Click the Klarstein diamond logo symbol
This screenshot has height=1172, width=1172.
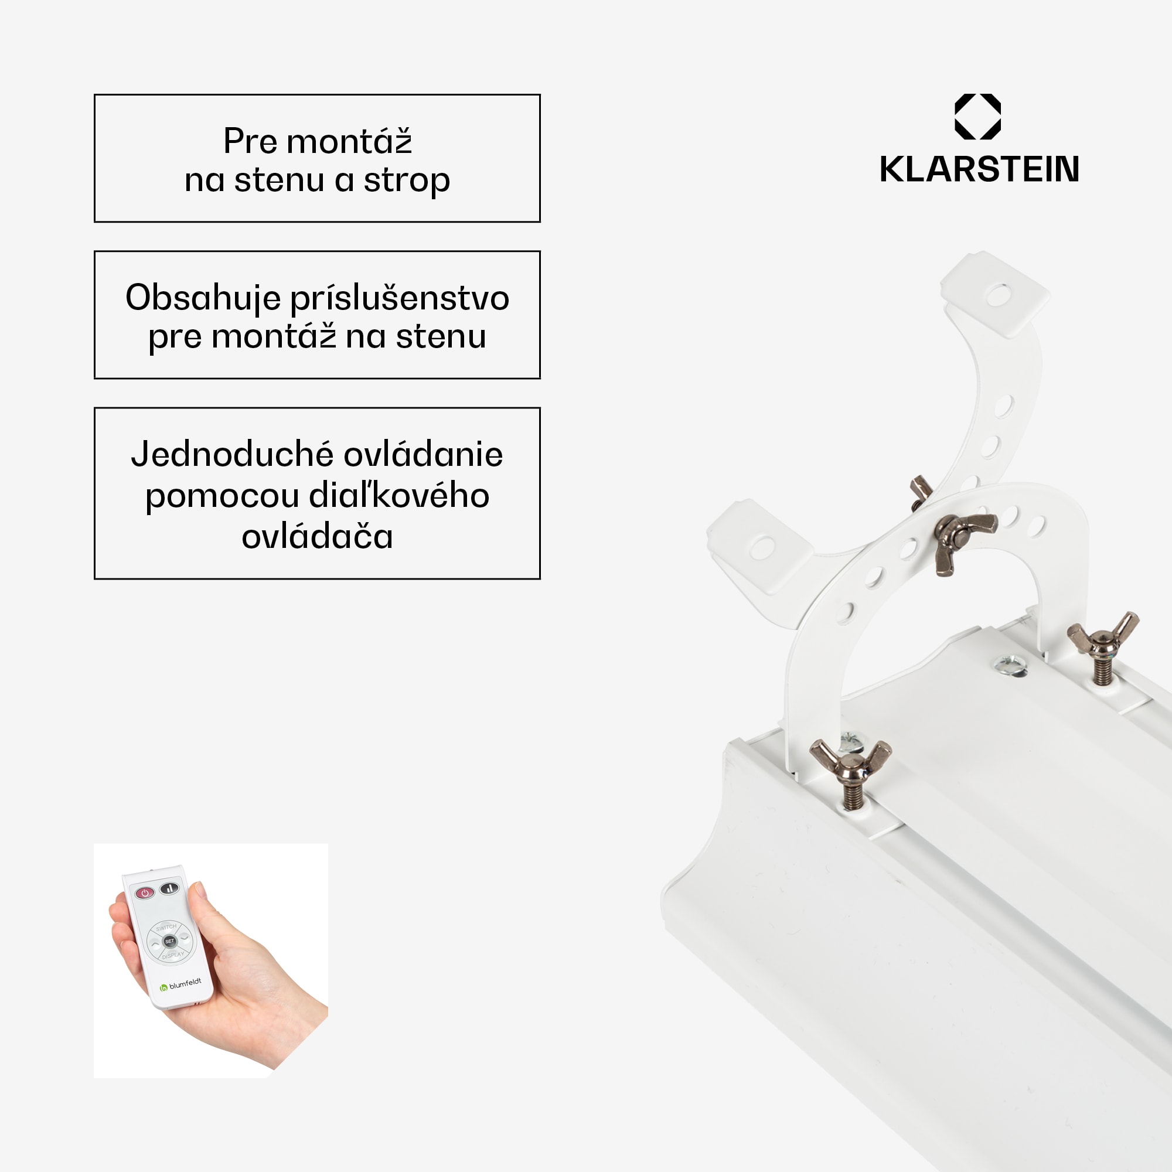pyautogui.click(x=977, y=117)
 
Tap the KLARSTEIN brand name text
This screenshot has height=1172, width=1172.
pyautogui.click(x=979, y=169)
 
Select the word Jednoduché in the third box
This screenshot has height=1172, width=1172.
pyautogui.click(x=232, y=454)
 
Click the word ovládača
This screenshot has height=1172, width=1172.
pyautogui.click(x=317, y=537)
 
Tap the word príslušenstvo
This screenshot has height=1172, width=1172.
pyautogui.click(x=400, y=299)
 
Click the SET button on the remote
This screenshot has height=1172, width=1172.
pyautogui.click(x=170, y=941)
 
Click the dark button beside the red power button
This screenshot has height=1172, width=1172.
pyautogui.click(x=169, y=889)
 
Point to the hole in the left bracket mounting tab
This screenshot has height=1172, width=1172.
pyautogui.click(x=762, y=547)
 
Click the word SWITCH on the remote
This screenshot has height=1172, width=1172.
pyautogui.click(x=166, y=928)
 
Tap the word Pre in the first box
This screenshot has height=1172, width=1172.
pyautogui.click(x=251, y=141)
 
